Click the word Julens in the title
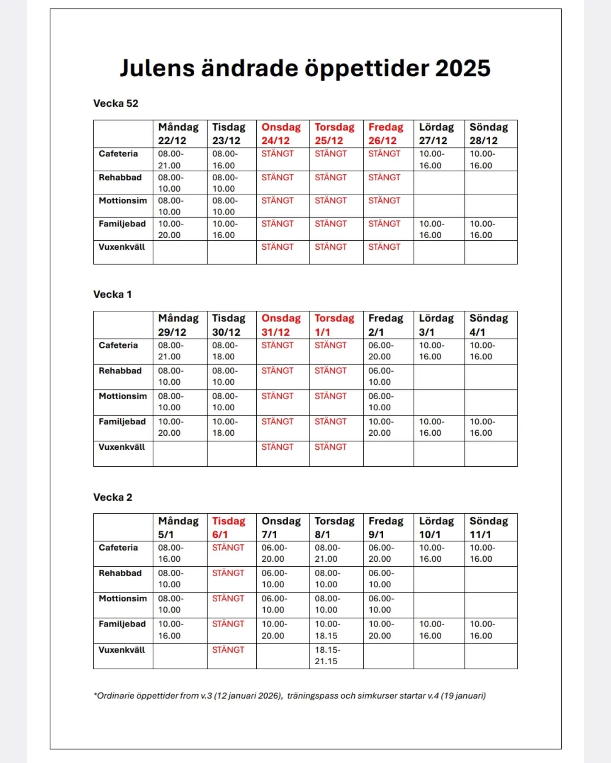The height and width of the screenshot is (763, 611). pos(157,68)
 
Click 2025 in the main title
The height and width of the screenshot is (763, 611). pos(463,68)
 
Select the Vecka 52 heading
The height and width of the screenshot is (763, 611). pos(116,103)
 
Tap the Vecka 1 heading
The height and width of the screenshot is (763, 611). pos(112,295)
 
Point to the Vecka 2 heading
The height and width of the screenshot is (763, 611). pos(113,497)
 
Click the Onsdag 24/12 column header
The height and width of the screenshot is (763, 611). pos(281,134)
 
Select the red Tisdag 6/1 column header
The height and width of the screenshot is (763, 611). pos(229,527)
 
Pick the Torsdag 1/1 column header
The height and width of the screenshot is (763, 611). pos(334,325)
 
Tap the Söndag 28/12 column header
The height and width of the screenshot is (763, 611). pos(488,134)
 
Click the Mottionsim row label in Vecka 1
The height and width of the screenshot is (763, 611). pos(123,396)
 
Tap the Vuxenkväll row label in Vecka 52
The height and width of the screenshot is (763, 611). pos(122,247)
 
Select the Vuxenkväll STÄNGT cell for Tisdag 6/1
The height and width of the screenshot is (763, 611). pos(228,650)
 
